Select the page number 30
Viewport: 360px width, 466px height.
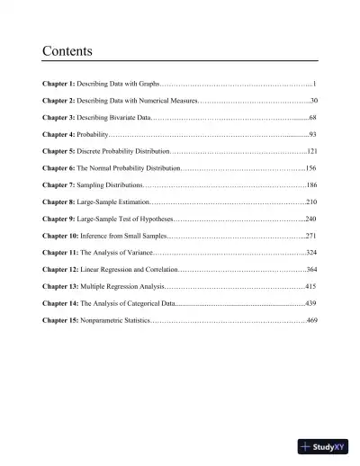click(x=313, y=101)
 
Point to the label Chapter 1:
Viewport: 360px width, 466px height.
click(x=59, y=83)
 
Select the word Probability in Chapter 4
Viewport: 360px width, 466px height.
click(x=95, y=133)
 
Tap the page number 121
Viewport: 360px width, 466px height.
click(x=311, y=151)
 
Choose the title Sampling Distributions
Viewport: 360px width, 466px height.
click(x=116, y=185)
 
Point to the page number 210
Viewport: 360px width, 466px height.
click(x=311, y=202)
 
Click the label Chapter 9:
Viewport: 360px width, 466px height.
click(x=59, y=219)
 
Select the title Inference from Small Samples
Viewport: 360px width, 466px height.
click(x=124, y=236)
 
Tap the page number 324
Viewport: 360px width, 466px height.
click(x=311, y=253)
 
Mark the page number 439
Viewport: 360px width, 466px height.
click(x=311, y=303)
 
